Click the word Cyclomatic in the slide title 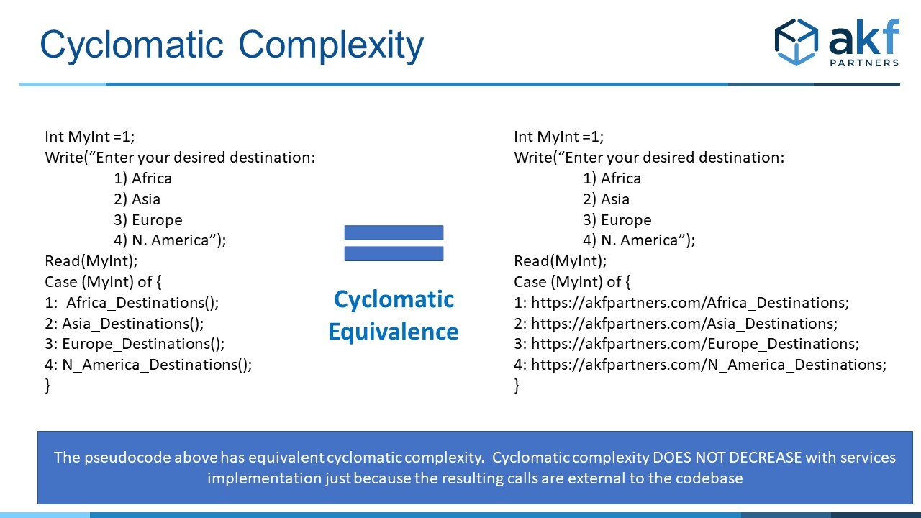point(132,45)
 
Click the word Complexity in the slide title point(331,45)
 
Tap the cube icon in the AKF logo point(797,42)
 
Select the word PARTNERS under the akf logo point(864,63)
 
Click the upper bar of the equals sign point(394,232)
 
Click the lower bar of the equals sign point(394,254)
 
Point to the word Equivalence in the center point(394,332)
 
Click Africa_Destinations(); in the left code point(142,303)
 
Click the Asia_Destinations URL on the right point(684,324)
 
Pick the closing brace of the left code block point(47,386)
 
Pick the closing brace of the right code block point(517,386)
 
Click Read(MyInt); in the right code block point(561,261)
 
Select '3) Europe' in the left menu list point(148,220)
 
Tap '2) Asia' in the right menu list point(606,199)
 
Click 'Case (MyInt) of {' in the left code point(103,282)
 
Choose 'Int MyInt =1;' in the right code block point(559,137)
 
